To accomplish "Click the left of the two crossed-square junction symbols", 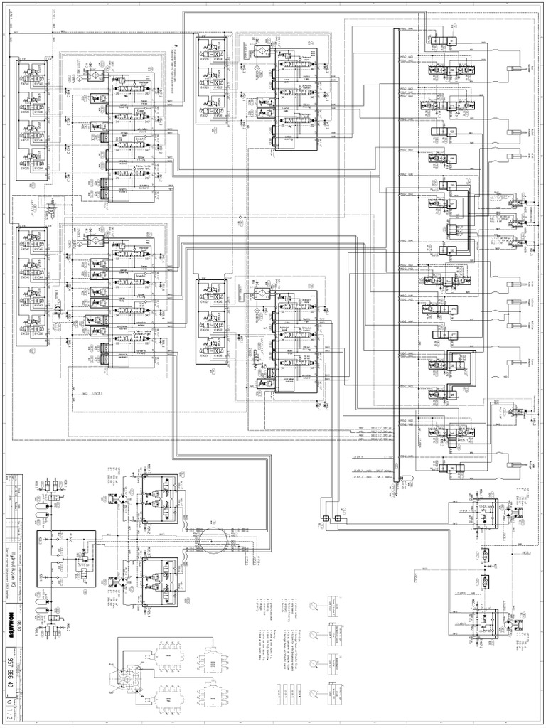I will [325, 518].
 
